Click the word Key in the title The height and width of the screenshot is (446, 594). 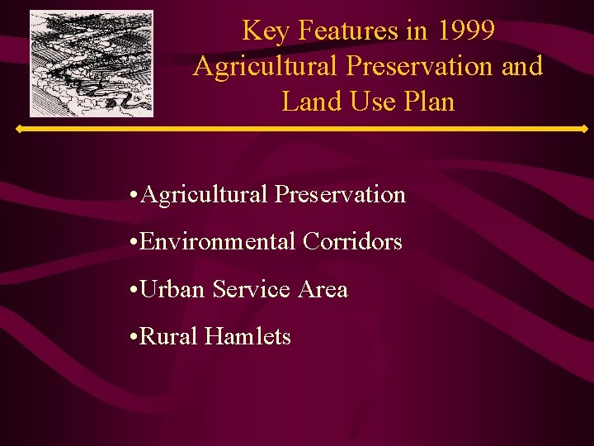[263, 31]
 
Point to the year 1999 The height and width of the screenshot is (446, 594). [467, 31]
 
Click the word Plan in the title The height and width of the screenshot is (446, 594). [428, 102]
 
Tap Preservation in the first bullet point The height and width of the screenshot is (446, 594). [340, 195]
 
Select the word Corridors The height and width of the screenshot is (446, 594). [352, 242]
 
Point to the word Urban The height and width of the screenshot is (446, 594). [173, 290]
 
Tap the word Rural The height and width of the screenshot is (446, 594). [169, 337]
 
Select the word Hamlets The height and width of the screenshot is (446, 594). [247, 337]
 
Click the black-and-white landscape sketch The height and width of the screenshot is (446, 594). [92, 63]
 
